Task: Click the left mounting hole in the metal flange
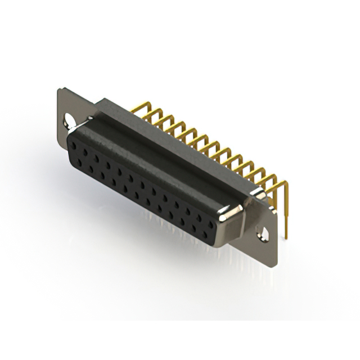[x=70, y=120]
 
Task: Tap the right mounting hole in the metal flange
[x=262, y=232]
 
